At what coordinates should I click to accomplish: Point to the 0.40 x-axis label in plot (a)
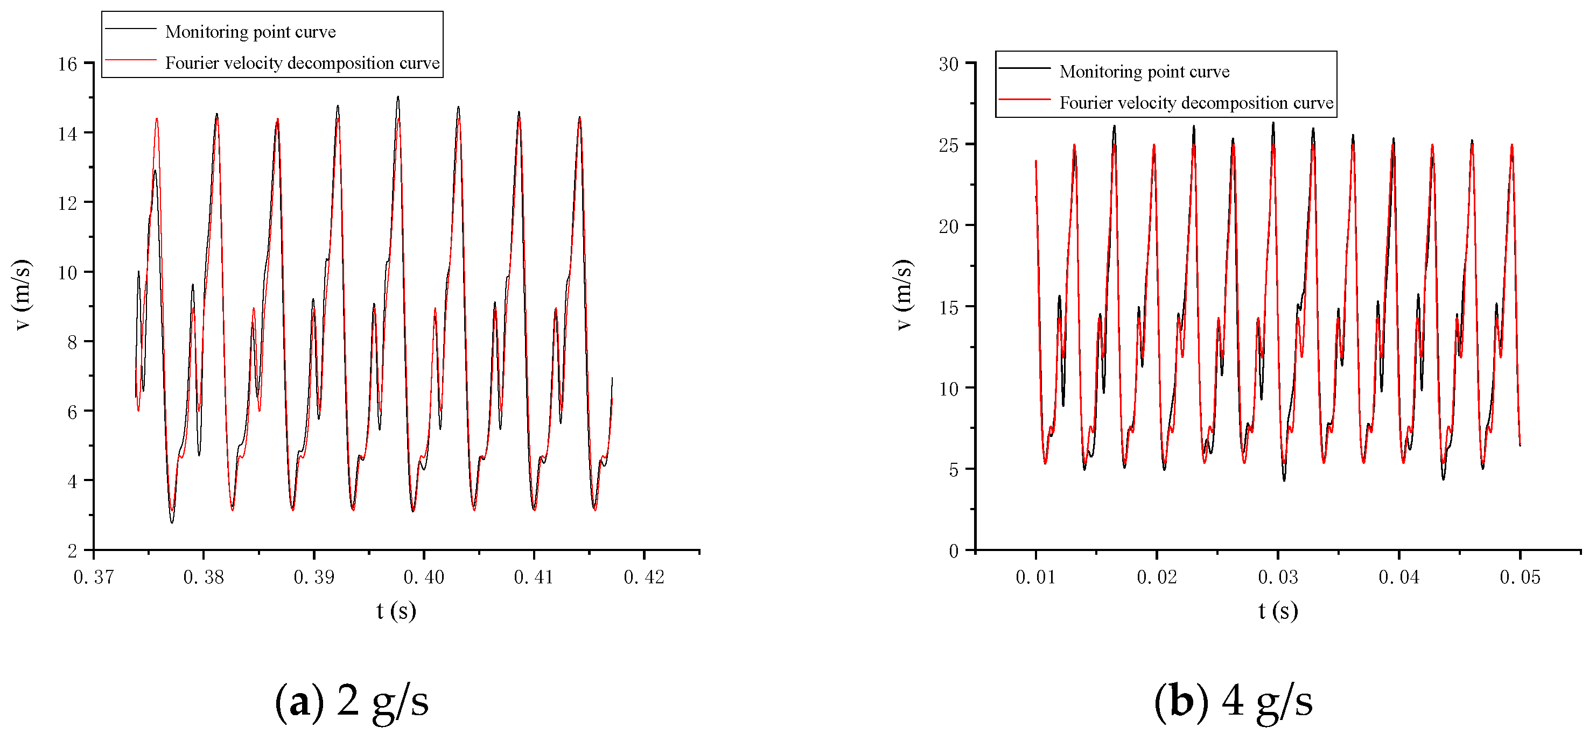pyautogui.click(x=424, y=577)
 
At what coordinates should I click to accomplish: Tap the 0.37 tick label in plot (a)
pyautogui.click(x=94, y=577)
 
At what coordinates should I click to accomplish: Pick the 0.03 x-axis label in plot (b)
pyautogui.click(x=1278, y=577)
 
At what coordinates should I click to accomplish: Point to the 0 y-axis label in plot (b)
pyautogui.click(x=954, y=550)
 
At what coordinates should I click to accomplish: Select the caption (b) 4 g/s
pyautogui.click(x=1233, y=701)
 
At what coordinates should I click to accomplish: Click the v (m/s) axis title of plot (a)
pyautogui.click(x=22, y=295)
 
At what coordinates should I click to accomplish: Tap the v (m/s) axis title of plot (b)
pyautogui.click(x=904, y=295)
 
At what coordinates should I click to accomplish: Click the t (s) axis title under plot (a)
pyautogui.click(x=396, y=611)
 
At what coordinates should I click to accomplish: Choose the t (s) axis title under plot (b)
pyautogui.click(x=1278, y=611)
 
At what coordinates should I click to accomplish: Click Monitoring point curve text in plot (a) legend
pyautogui.click(x=250, y=32)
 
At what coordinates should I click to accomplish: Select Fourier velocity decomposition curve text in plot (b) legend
pyautogui.click(x=1196, y=102)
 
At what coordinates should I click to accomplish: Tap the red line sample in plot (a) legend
pyautogui.click(x=130, y=60)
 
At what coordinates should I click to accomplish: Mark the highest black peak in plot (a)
pyautogui.click(x=398, y=97)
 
